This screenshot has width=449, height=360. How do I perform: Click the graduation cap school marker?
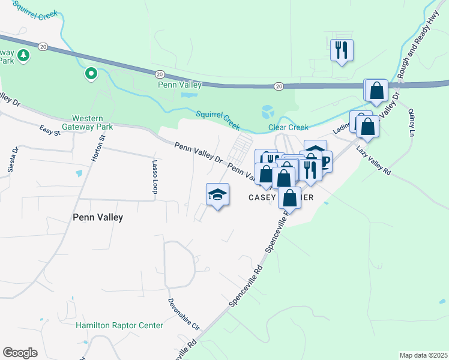point(218,195)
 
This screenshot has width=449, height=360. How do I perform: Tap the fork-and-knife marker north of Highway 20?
point(342,50)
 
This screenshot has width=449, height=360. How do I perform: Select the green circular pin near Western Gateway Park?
point(91,74)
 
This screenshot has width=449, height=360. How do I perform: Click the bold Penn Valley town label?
point(97,217)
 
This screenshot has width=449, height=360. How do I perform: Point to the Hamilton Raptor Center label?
point(119,325)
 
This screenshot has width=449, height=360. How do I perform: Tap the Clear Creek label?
point(288,127)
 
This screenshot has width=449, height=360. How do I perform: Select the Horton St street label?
point(97,147)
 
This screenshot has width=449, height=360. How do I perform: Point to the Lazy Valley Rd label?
point(373,160)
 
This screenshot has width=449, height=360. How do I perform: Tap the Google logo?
point(20,353)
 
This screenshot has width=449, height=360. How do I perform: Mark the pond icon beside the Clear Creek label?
point(268,112)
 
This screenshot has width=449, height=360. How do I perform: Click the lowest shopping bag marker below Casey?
point(289,197)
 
